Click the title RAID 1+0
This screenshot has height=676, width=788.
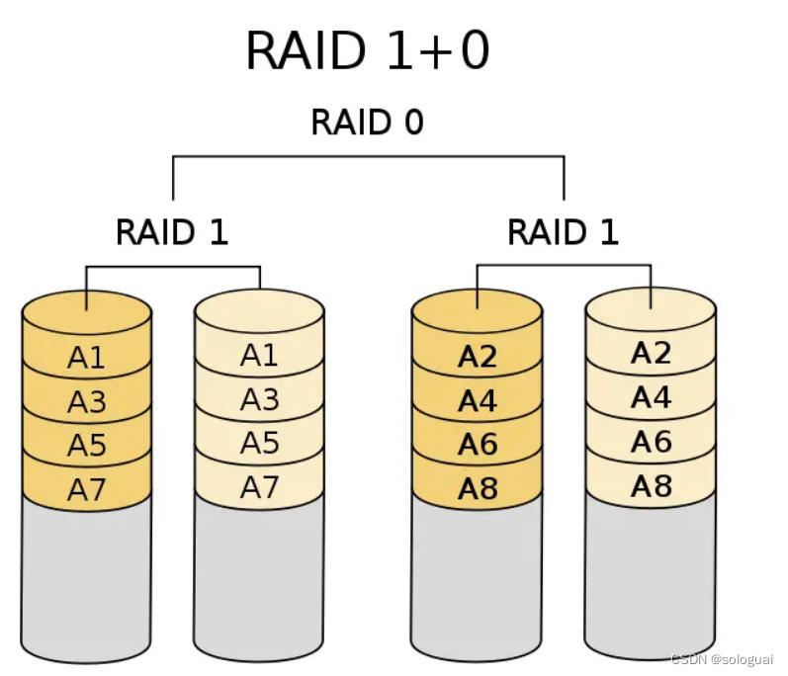coord(367,50)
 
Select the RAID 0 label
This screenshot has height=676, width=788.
coord(367,123)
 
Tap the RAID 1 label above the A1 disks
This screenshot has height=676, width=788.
coord(172,232)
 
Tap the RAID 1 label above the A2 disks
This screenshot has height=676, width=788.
coord(563,232)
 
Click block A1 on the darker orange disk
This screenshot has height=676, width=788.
coord(86,357)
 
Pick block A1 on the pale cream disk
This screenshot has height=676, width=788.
coord(259,354)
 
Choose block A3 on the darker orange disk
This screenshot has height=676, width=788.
coord(86,401)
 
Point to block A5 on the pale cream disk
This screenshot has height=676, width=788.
coord(259,443)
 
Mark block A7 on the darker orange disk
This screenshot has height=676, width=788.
coord(86,489)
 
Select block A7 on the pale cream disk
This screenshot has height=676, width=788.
coord(259,486)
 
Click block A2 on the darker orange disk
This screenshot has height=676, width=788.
coord(477,357)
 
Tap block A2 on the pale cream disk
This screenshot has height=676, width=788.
coord(651,353)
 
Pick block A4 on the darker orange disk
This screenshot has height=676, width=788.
coord(477,401)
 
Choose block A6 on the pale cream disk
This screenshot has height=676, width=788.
coord(651,442)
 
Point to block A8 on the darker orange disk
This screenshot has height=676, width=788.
coord(477,489)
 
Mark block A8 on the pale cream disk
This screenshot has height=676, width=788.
coord(651,485)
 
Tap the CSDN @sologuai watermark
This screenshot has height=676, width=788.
coord(722,659)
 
